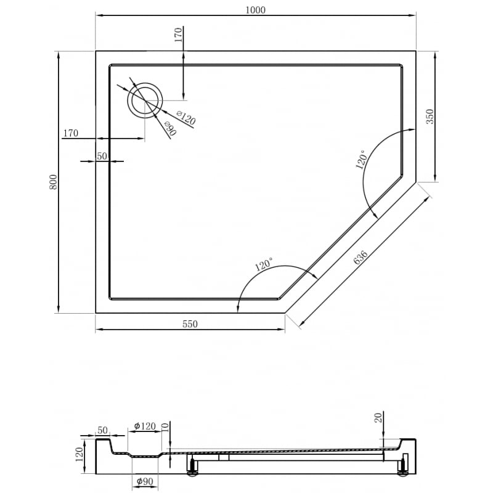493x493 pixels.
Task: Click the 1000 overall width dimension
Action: pos(256,10)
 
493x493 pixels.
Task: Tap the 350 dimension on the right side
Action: pos(430,116)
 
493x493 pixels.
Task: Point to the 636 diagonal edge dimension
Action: pos(362,258)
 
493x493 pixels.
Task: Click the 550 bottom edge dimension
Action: pos(190,325)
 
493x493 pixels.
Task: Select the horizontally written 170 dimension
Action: pos(70,133)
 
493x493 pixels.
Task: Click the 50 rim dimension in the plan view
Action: pos(102,156)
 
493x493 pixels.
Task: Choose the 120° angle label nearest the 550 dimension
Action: pos(263,265)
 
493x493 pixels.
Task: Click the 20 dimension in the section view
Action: pos(378,418)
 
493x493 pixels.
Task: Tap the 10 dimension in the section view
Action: pos(165,427)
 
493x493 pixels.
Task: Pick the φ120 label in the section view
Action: pos(145,426)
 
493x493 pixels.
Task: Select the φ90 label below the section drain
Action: pos(145,481)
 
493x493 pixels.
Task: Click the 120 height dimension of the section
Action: pos(80,456)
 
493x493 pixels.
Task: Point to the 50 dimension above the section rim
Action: pos(102,430)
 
